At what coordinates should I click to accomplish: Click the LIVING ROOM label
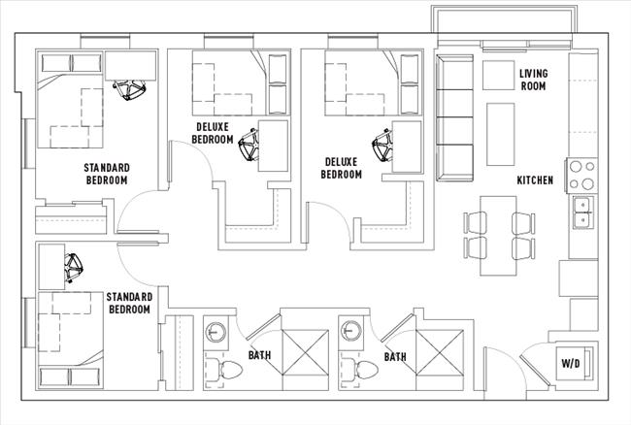(533, 80)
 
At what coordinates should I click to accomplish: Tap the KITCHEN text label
(535, 180)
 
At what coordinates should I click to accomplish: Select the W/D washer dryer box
(572, 364)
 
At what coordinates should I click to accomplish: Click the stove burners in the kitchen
(582, 175)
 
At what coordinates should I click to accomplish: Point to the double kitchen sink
(583, 212)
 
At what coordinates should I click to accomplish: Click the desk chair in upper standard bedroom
(128, 90)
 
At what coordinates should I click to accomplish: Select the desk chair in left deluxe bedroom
(250, 145)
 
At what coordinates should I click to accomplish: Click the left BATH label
(259, 356)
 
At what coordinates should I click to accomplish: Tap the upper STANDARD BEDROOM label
(107, 174)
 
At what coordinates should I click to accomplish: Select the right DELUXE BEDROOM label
(342, 168)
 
